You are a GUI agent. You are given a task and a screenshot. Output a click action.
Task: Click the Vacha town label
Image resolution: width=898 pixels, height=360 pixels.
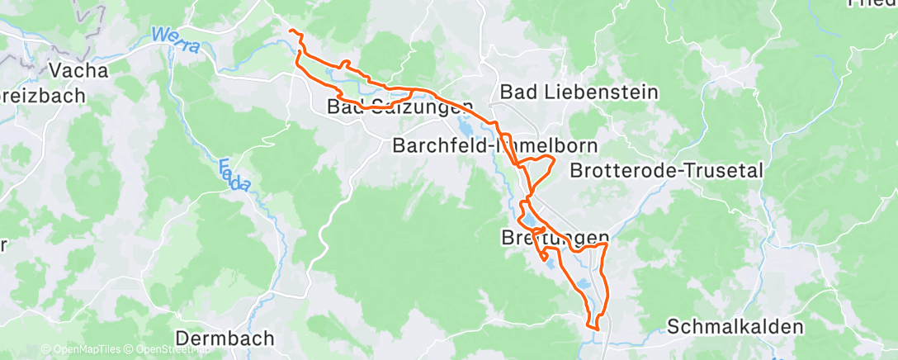point(78,70)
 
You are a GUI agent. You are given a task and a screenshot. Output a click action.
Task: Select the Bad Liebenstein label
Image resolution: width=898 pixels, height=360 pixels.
point(579,92)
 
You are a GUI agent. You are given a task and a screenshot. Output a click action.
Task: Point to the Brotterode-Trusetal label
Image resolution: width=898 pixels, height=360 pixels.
point(665,171)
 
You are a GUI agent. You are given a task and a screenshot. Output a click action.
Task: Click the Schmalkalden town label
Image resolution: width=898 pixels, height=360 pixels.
point(735,327)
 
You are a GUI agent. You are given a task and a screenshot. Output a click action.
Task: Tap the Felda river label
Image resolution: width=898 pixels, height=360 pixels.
point(235,175)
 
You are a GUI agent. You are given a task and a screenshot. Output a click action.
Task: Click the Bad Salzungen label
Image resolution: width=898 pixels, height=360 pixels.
point(400,107)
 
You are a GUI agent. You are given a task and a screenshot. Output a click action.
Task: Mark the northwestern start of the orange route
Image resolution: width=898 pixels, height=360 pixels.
point(291,31)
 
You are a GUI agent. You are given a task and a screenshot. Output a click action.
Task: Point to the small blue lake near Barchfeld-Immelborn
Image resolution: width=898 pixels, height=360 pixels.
point(466,129)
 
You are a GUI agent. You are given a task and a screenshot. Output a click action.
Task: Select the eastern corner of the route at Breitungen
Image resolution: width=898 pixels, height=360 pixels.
point(607,244)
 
